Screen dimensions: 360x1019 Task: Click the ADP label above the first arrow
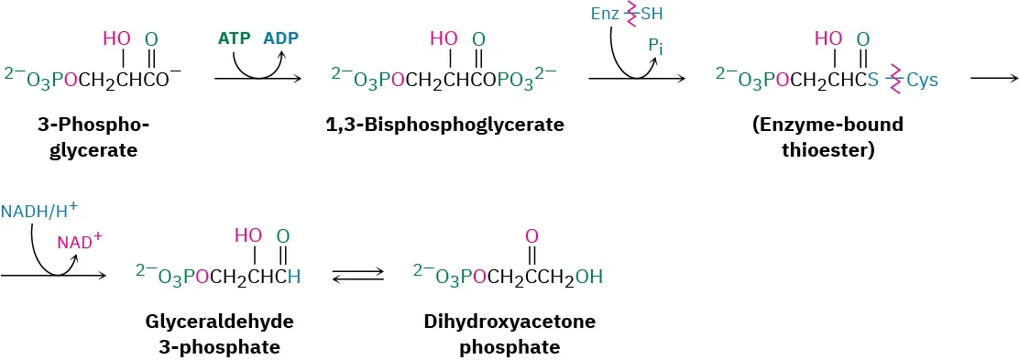280,38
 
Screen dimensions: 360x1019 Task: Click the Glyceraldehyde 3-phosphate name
213,333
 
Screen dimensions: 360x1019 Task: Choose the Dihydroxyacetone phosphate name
509,333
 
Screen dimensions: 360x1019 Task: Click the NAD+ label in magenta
79,242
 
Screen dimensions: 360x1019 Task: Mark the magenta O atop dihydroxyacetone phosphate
531,236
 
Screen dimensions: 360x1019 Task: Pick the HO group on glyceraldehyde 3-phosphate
248,235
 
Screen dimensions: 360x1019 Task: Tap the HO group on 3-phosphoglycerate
116,38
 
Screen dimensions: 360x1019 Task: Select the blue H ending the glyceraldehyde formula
293,276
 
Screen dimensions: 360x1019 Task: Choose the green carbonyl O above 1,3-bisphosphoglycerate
478,38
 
